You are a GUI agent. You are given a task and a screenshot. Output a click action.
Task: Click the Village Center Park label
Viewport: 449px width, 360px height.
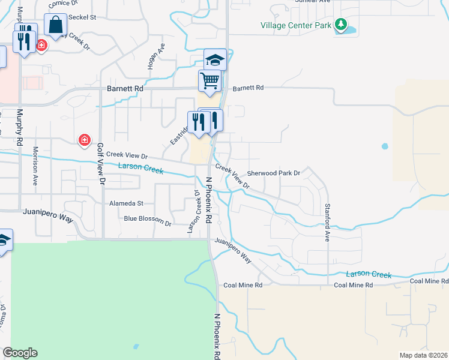[297, 25]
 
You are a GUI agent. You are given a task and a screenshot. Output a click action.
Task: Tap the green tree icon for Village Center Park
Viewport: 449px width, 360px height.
[341, 25]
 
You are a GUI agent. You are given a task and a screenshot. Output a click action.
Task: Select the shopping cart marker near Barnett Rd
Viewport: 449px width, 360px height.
[209, 80]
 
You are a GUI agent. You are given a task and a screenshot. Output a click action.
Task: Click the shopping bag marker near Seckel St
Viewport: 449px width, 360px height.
[55, 26]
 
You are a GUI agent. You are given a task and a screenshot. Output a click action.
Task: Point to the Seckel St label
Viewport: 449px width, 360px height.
[83, 17]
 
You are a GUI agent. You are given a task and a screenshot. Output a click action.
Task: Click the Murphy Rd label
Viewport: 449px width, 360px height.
[19, 126]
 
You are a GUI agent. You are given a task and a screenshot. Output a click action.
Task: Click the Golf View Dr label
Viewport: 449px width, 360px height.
[101, 163]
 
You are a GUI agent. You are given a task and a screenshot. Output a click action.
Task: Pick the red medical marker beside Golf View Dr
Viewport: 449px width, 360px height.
[85, 140]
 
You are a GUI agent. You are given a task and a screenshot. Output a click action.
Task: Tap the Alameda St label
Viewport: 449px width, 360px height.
[126, 203]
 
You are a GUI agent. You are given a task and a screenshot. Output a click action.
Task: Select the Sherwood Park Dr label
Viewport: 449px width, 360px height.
[273, 173]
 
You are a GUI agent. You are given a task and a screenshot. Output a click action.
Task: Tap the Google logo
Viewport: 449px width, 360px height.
[20, 353]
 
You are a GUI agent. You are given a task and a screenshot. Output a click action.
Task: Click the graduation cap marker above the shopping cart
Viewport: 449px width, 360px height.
[215, 59]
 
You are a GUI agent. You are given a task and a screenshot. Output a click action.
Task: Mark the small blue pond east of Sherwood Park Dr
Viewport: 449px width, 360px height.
[385, 146]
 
